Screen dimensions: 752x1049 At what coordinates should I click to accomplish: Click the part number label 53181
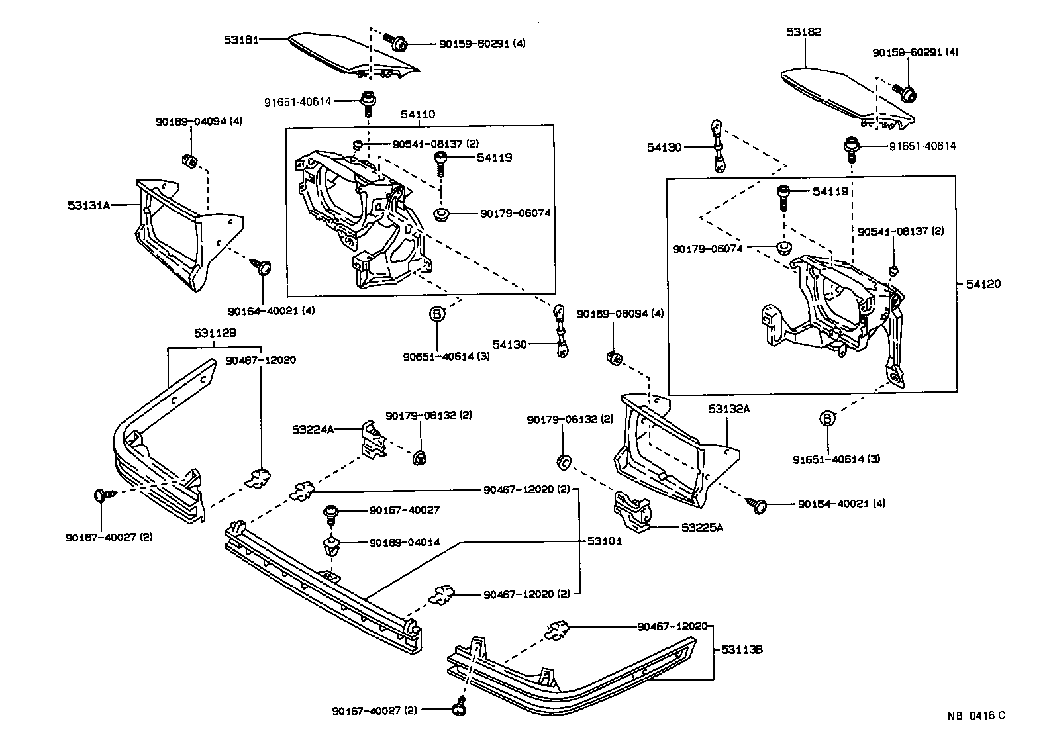241,39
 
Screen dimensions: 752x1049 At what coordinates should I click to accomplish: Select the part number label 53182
804,32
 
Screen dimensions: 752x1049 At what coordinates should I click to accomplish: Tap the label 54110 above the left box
417,114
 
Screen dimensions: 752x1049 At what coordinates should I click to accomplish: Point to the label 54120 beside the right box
983,284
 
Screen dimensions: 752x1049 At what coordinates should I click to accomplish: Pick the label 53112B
215,334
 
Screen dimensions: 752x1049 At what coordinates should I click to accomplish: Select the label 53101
604,541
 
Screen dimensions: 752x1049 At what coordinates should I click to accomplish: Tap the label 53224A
313,429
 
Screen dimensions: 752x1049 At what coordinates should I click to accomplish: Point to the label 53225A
703,528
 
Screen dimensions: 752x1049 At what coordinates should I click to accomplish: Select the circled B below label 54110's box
437,314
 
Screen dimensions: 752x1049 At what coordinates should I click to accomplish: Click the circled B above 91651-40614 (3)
828,418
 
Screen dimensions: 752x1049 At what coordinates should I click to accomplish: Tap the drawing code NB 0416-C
975,716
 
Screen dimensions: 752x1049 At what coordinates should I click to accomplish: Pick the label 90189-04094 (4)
190,122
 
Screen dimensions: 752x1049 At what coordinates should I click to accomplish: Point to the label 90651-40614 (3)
438,356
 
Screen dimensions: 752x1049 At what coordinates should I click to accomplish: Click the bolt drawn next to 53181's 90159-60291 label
399,43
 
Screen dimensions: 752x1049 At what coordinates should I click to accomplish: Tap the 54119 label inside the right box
830,191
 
